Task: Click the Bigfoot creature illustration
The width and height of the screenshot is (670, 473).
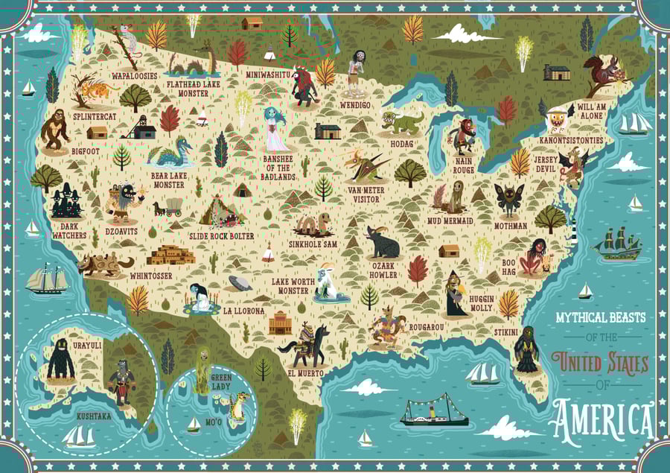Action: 56,128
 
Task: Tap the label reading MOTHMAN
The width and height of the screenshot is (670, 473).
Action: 510,225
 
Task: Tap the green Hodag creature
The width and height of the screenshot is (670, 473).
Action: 402,121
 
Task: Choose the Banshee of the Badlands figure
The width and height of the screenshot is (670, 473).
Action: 275,130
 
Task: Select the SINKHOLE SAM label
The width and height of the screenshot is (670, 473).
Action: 313,244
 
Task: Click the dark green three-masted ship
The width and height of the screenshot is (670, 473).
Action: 620,244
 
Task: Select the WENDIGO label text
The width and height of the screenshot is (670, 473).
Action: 355,105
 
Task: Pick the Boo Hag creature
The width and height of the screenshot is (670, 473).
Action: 535,257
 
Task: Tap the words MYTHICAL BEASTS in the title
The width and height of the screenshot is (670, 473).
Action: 600,317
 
